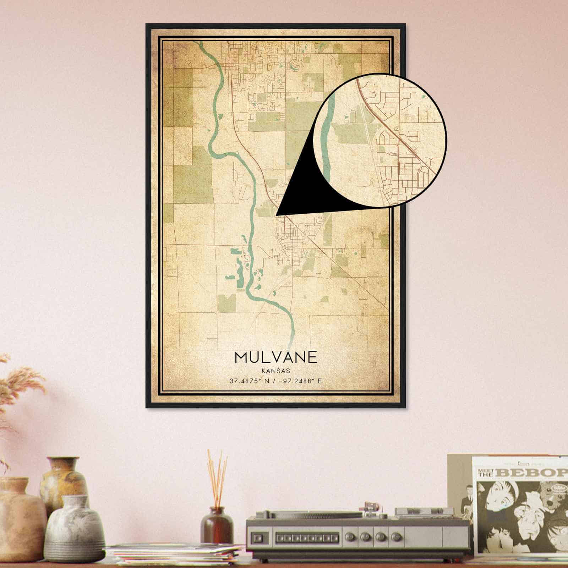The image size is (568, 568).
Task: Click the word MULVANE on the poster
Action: [275, 357]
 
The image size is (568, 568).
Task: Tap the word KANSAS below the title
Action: [275, 371]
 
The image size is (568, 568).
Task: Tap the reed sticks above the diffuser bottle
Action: [217, 476]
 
